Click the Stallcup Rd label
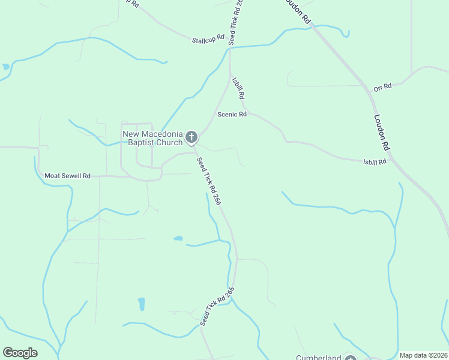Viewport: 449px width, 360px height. coord(208,40)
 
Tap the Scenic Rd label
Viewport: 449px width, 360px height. coord(232,114)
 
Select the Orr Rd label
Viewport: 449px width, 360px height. coord(382,87)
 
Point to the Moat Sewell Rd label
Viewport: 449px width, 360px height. coord(67,176)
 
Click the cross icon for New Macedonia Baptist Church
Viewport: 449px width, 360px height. coord(191,138)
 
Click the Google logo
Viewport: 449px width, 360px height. coord(20,353)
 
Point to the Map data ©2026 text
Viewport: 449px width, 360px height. coord(423,355)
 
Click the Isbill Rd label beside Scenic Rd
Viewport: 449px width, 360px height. coord(238,88)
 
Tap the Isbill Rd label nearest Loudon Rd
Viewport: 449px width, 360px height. coord(377,161)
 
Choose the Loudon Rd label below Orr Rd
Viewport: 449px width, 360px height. coord(382,132)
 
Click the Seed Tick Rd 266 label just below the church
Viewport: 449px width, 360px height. coord(209,181)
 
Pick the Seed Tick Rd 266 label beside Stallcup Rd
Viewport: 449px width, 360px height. coord(235,22)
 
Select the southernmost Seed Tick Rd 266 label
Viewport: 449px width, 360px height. coord(216,306)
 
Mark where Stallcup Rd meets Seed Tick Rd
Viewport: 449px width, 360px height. coord(229,47)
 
